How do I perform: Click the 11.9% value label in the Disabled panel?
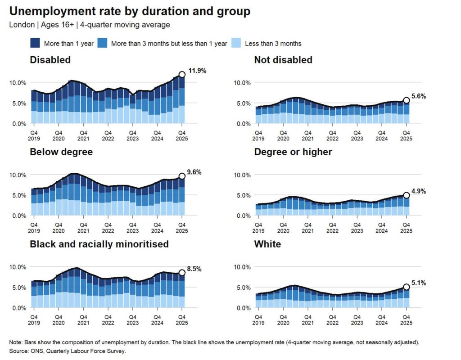pyautogui.click(x=197, y=71)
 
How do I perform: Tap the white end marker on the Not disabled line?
pyautogui.click(x=406, y=100)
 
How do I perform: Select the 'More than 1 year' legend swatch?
pyautogui.click(x=35, y=43)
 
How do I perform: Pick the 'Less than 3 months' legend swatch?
pyautogui.click(x=236, y=43)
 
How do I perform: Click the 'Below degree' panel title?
pyautogui.click(x=61, y=152)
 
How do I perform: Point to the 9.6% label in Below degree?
pyautogui.click(x=194, y=172)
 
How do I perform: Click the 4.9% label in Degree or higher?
pyautogui.click(x=419, y=191)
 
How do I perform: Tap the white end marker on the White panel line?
pyautogui.click(x=406, y=287)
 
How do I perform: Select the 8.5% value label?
pyautogui.click(x=194, y=269)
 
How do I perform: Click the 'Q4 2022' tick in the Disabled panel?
pyautogui.click(x=108, y=136)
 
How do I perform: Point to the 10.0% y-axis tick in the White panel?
pyautogui.click(x=242, y=267)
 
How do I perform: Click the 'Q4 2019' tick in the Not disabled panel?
pyautogui.click(x=258, y=136)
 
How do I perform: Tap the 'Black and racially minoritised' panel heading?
pyautogui.click(x=99, y=244)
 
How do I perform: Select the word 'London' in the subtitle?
pyautogui.click(x=22, y=25)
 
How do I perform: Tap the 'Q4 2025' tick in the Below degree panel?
pyautogui.click(x=182, y=228)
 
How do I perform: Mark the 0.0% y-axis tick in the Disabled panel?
pyautogui.click(x=19, y=124)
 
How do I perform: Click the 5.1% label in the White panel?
pyautogui.click(x=419, y=283)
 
